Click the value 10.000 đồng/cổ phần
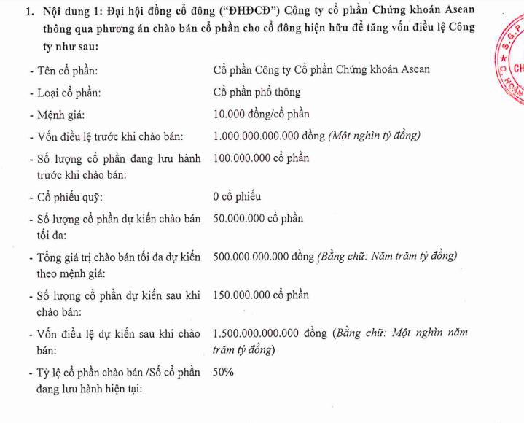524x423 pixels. (x=261, y=115)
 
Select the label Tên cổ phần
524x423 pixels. (x=69, y=70)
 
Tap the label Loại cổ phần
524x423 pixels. (x=70, y=93)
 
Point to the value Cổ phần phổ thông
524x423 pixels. (x=257, y=93)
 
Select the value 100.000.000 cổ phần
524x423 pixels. (x=261, y=158)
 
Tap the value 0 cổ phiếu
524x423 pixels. (x=237, y=197)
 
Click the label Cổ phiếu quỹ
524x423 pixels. (x=70, y=198)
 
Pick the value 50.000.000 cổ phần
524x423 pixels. (x=258, y=219)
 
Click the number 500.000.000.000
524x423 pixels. (x=251, y=257)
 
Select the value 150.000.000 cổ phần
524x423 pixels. (x=261, y=295)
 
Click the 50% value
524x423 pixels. (x=223, y=372)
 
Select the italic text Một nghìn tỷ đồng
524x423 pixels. (x=375, y=136)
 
